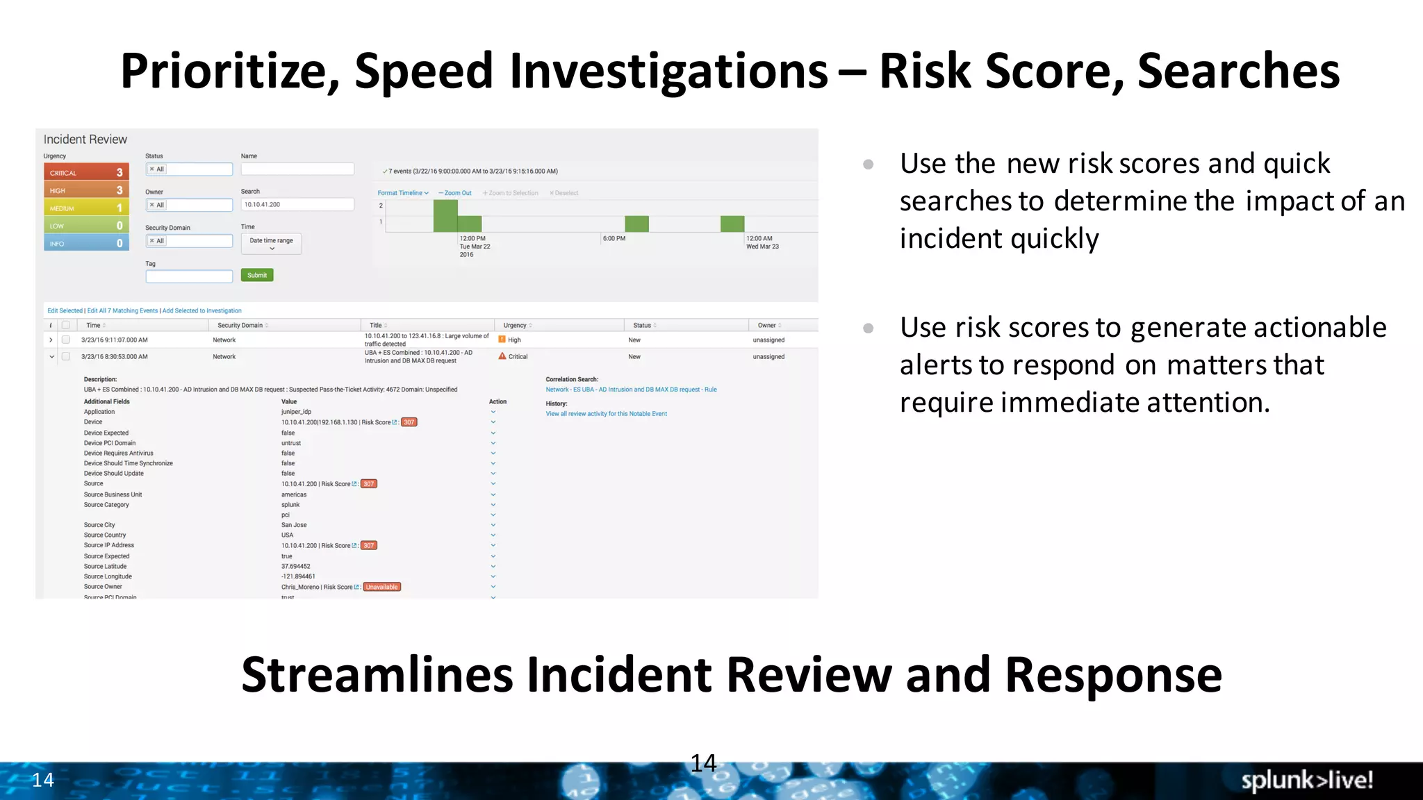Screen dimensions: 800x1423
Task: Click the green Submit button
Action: tap(257, 275)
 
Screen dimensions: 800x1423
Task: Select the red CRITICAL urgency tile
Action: tap(86, 172)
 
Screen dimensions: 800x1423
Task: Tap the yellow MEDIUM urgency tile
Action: tap(86, 208)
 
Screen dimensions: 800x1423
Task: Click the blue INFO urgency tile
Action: tap(86, 243)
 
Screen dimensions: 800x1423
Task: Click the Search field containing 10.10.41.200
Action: tap(297, 204)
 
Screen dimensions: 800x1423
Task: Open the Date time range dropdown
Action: tap(271, 243)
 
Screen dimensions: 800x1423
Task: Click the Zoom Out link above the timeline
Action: tap(456, 193)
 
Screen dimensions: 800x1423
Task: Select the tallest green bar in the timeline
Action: tap(445, 216)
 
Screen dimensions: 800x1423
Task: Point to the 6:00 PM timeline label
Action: tap(614, 238)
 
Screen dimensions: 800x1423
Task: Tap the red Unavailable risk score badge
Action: tap(382, 587)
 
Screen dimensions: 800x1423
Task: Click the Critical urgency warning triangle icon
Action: tap(502, 356)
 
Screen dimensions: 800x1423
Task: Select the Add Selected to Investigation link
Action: tap(202, 310)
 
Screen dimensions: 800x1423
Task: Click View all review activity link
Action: tap(606, 413)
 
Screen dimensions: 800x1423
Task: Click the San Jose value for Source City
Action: tap(294, 525)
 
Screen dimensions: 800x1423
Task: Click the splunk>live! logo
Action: tap(1306, 780)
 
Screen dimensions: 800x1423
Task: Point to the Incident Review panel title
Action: tap(85, 140)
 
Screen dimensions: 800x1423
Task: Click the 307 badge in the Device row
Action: tap(409, 422)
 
